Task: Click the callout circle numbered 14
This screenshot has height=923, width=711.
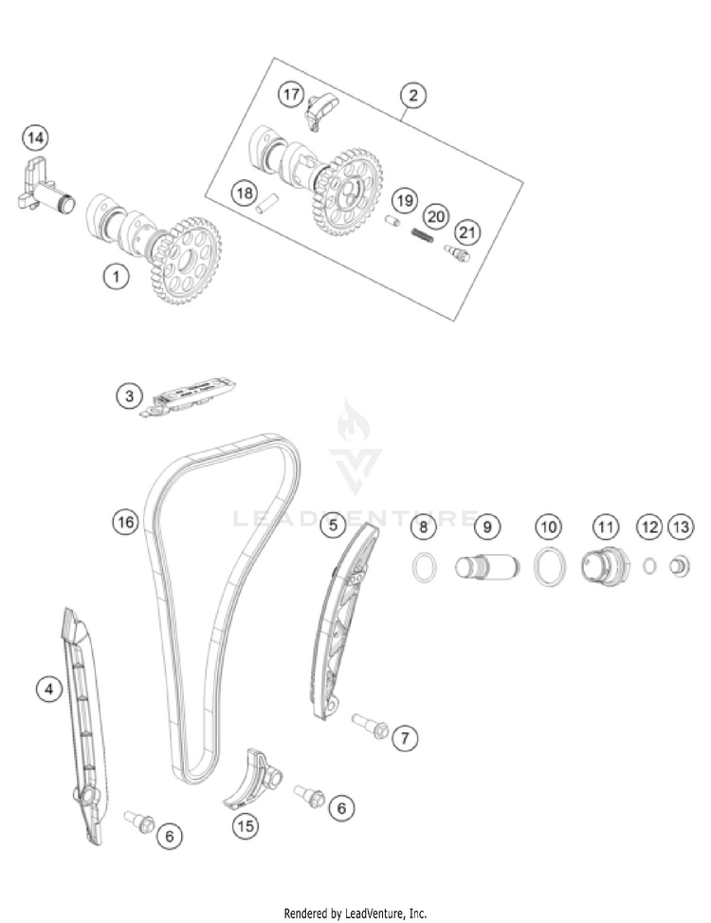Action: tap(35, 138)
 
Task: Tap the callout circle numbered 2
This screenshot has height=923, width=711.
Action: tap(412, 95)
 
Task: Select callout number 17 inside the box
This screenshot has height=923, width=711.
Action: tap(291, 95)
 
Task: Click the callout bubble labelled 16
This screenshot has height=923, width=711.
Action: tap(125, 521)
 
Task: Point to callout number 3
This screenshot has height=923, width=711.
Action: tap(130, 395)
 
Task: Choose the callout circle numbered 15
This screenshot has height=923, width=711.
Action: tap(246, 825)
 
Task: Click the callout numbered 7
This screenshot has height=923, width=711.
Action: tap(405, 736)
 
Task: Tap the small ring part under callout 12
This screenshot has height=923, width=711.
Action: tap(649, 566)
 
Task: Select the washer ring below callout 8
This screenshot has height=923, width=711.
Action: tap(424, 567)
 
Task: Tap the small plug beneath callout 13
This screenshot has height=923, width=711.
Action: tap(680, 567)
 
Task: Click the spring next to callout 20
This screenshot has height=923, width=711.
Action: tap(427, 235)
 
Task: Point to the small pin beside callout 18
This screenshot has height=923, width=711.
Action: tap(267, 203)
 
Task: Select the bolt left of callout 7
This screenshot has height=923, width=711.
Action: tap(369, 727)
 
